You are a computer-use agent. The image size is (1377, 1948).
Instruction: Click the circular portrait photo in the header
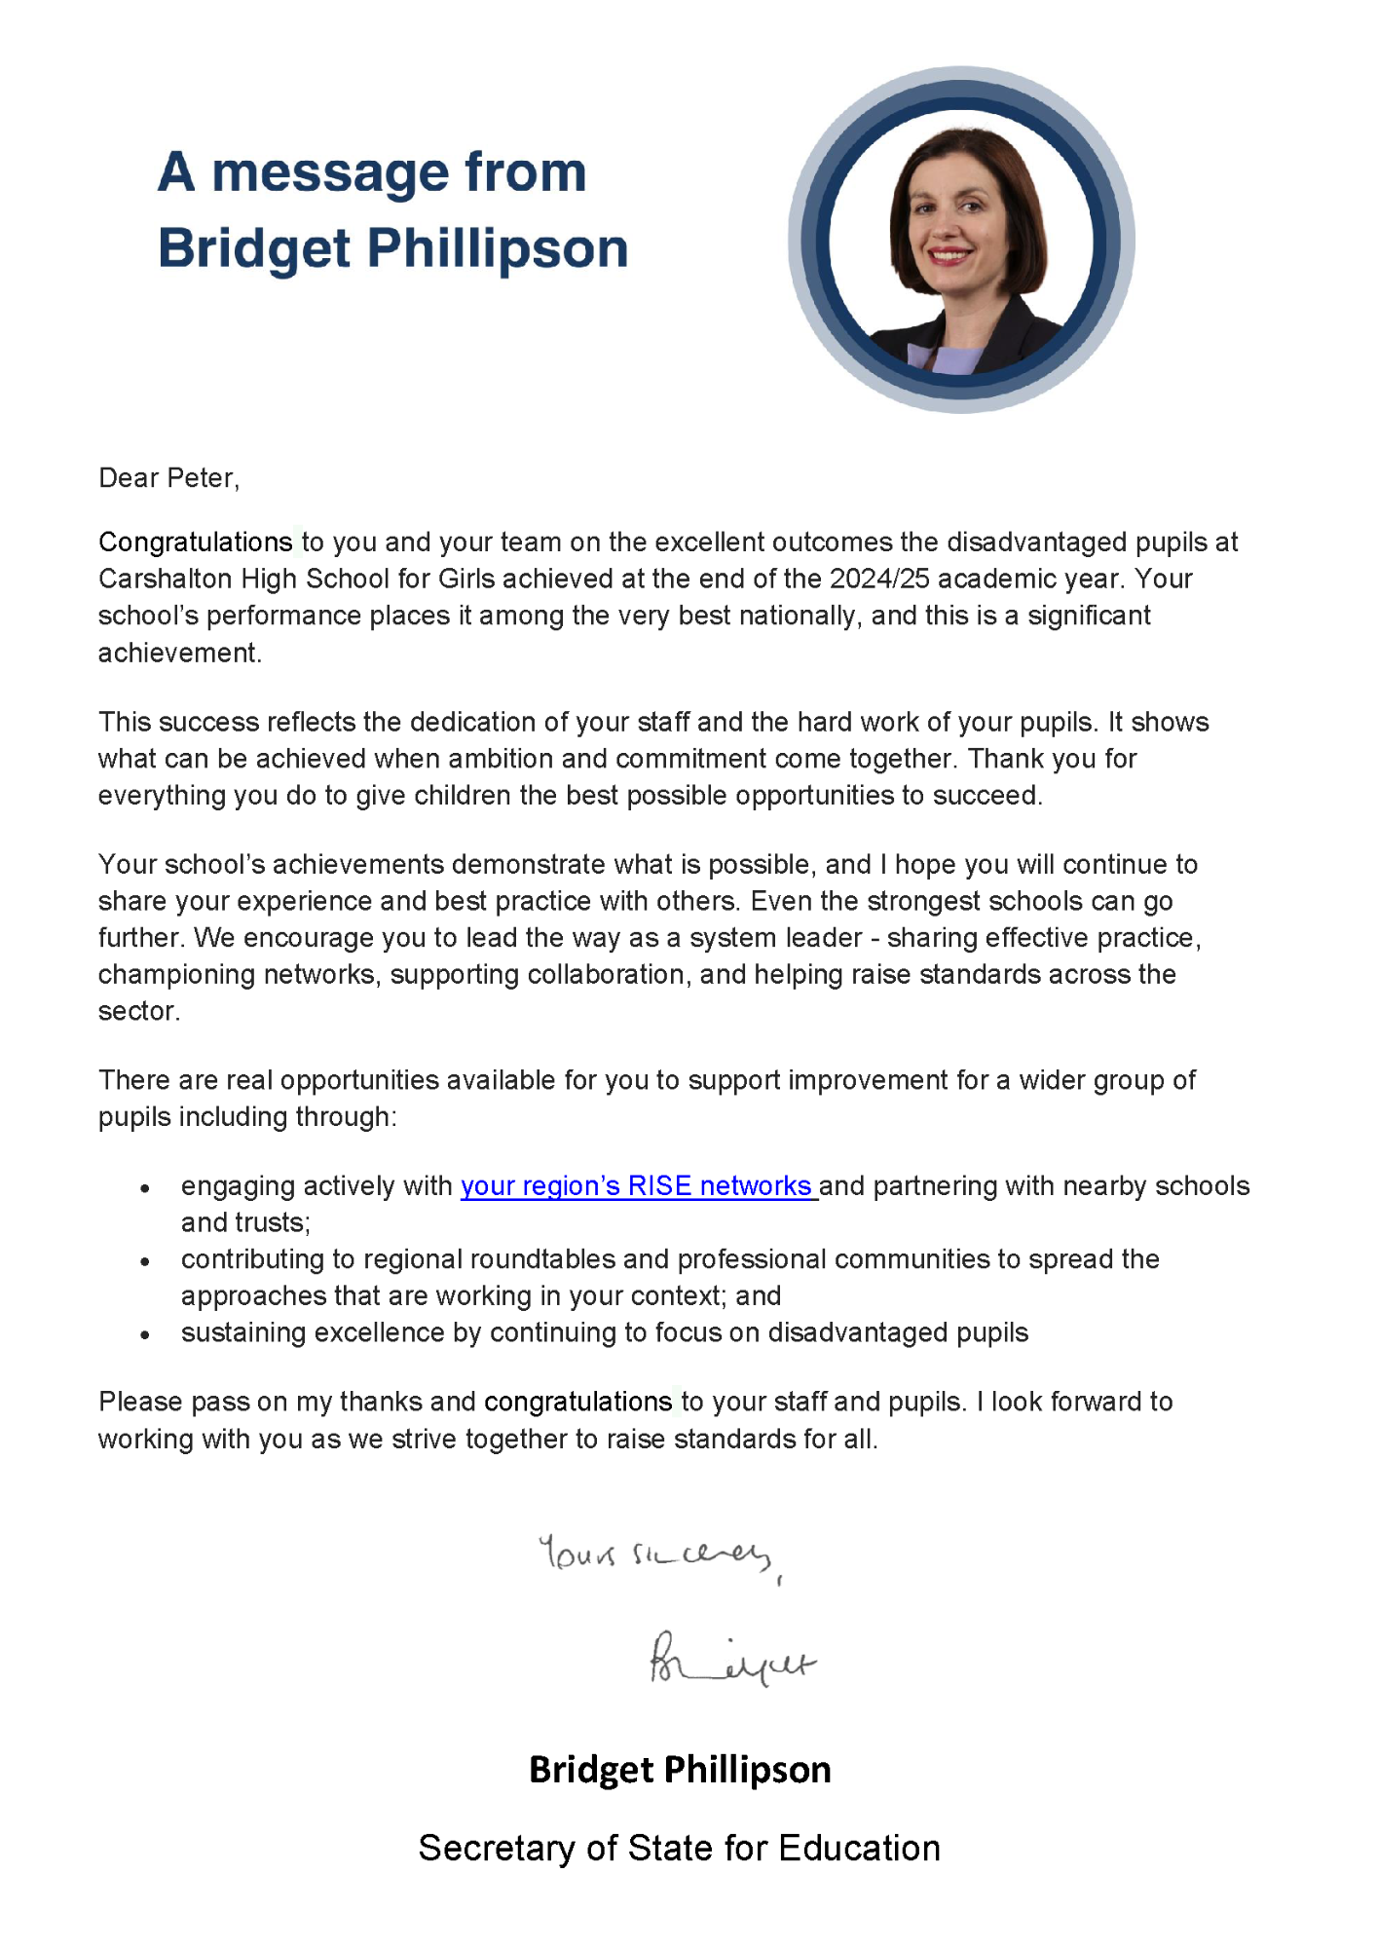pos(961,240)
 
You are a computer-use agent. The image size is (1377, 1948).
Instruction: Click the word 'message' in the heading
pos(331,172)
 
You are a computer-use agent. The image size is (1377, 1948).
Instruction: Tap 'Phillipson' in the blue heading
pos(497,248)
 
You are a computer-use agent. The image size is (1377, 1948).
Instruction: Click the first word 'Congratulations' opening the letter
pos(195,543)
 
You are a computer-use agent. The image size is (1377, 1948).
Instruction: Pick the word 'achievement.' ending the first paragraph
pos(180,654)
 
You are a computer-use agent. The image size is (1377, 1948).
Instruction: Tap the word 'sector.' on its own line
pos(139,1012)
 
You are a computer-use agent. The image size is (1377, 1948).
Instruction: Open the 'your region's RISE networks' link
pos(637,1186)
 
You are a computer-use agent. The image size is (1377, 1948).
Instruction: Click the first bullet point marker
pos(145,1188)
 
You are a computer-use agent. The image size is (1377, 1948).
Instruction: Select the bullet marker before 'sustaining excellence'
pos(145,1335)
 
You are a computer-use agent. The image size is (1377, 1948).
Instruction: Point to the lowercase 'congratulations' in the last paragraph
pos(577,1403)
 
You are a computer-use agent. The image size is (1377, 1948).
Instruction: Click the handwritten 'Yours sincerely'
pos(657,1553)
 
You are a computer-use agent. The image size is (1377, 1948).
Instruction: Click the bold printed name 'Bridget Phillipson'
pos(680,1770)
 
